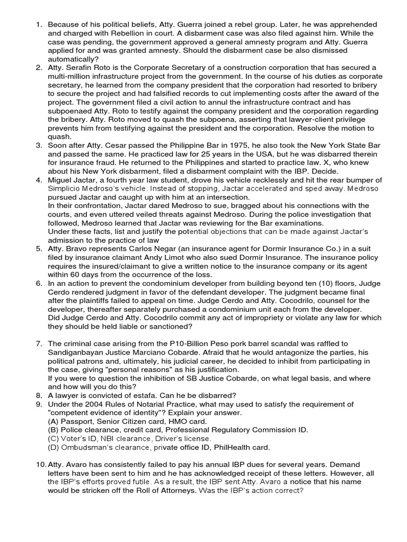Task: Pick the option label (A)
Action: (54, 421)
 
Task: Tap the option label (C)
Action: (54, 438)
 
